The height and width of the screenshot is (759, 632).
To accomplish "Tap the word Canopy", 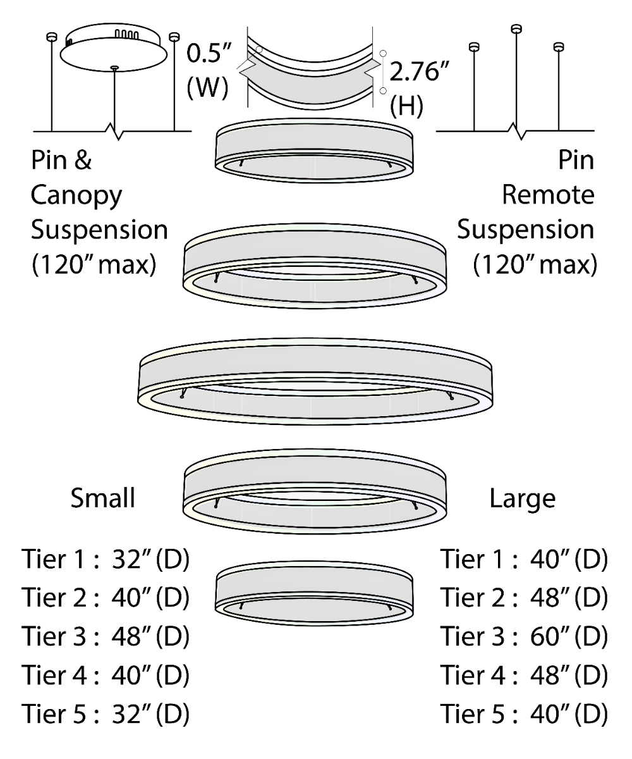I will [x=76, y=197].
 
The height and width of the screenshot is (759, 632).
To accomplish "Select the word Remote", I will [x=548, y=197].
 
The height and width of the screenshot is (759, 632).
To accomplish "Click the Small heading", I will [x=102, y=498].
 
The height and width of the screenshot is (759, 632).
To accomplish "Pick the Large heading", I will [x=522, y=498].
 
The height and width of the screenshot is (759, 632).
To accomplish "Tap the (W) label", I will [x=207, y=89].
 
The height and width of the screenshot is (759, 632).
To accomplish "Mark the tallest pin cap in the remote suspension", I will [x=517, y=28].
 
